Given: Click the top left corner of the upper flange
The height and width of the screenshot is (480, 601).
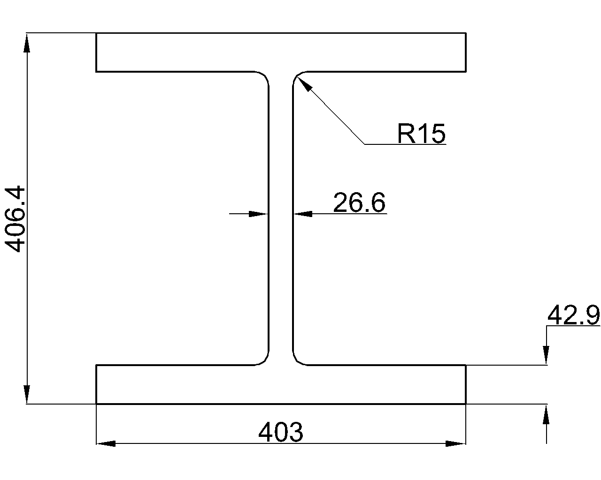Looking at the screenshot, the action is pyautogui.click(x=96, y=33).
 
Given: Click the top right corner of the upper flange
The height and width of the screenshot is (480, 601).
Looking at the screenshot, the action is pyautogui.click(x=466, y=33).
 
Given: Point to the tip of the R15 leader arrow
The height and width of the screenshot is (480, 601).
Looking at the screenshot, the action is pyautogui.click(x=297, y=77).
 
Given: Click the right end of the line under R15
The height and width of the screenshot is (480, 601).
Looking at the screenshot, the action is pyautogui.click(x=446, y=144).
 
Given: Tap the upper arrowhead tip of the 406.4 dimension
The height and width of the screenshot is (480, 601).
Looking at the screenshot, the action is pyautogui.click(x=27, y=33).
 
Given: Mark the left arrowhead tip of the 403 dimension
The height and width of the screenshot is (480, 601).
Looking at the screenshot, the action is pyautogui.click(x=96, y=443).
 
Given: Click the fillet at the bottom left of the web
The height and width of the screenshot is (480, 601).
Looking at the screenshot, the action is pyautogui.click(x=263, y=360).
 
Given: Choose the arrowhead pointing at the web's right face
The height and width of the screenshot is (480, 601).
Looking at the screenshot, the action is pyautogui.click(x=303, y=214).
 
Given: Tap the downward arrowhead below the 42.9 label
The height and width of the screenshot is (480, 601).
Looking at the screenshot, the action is pyautogui.click(x=546, y=355).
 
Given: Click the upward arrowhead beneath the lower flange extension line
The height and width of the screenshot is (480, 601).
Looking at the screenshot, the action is pyautogui.click(x=546, y=413).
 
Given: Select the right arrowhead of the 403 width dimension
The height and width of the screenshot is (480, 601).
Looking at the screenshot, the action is pyautogui.click(x=456, y=443).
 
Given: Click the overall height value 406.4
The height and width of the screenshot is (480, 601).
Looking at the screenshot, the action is pyautogui.click(x=15, y=219).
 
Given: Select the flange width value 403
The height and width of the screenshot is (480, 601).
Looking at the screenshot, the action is pyautogui.click(x=280, y=432).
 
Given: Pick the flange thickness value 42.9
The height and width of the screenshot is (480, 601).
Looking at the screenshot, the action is pyautogui.click(x=573, y=315).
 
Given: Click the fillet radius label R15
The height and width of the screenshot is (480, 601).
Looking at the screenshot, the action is pyautogui.click(x=421, y=134).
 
